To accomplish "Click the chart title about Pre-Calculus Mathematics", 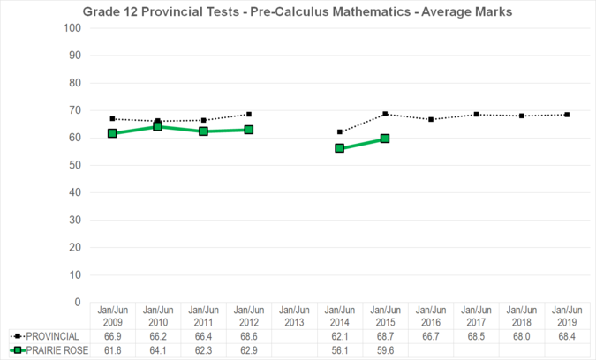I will pyautogui.click(x=297, y=11).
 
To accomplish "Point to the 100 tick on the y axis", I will pyautogui.click(x=73, y=28).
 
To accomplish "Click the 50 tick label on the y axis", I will pyautogui.click(x=76, y=165).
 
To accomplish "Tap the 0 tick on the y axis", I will pyautogui.click(x=79, y=302).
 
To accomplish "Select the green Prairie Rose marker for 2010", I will pyautogui.click(x=158, y=126).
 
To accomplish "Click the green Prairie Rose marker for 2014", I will pyautogui.click(x=340, y=148).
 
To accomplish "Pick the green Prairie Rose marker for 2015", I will pyautogui.click(x=385, y=139).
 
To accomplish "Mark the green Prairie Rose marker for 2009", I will pyautogui.click(x=112, y=133).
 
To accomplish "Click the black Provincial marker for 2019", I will pyautogui.click(x=567, y=115).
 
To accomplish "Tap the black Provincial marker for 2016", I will pyautogui.click(x=430, y=119).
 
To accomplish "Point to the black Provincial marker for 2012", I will pyautogui.click(x=249, y=114).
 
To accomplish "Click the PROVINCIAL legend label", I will pyautogui.click(x=52, y=336).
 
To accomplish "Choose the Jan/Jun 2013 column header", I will pyautogui.click(x=294, y=316).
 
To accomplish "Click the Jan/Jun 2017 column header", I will pyautogui.click(x=476, y=316).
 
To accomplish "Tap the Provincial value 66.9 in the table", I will pyautogui.click(x=112, y=336).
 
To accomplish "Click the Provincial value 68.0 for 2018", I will pyautogui.click(x=521, y=336).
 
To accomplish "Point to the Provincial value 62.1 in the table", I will pyautogui.click(x=340, y=336).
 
